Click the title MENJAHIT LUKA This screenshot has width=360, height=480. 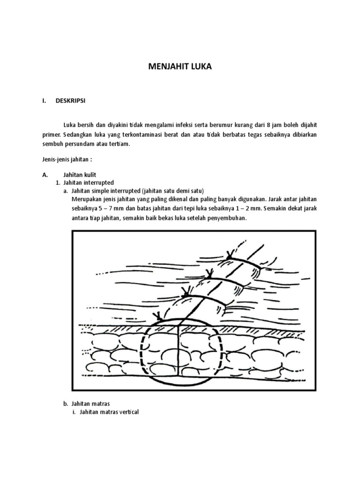(x=180, y=67)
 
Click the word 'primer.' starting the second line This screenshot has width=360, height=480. (x=50, y=135)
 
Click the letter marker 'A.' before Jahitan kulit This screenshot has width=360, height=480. (x=45, y=174)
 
